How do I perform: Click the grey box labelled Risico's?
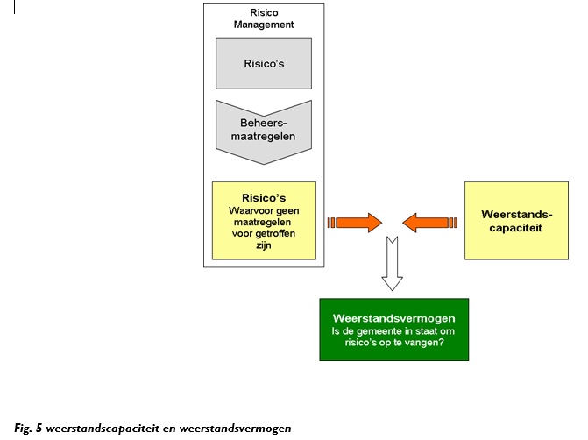[x=264, y=62]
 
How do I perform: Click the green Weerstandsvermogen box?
[x=393, y=330]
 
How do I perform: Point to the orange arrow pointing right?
[x=355, y=222]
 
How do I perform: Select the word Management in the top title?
[x=264, y=25]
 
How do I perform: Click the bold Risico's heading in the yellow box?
[x=264, y=198]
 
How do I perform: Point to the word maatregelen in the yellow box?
[x=264, y=223]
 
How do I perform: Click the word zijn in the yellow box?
[x=264, y=247]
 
